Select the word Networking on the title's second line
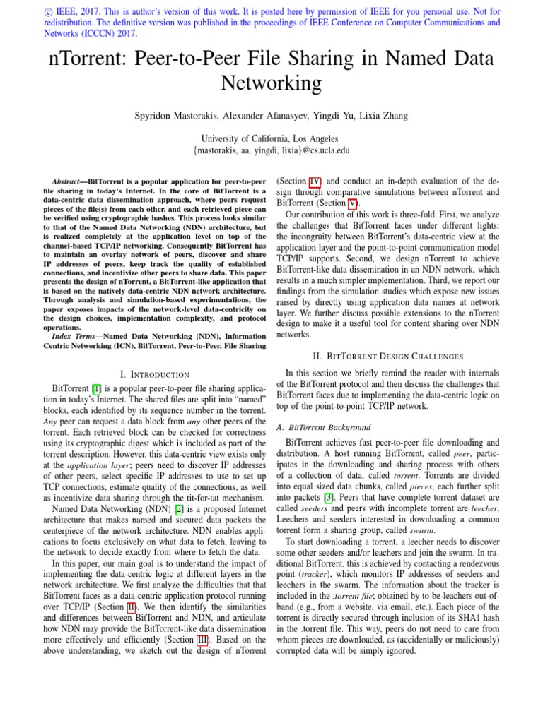[x=271, y=83]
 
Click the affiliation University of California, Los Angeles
[x=271, y=139]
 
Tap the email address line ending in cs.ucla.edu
[x=271, y=150]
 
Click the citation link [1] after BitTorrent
[x=96, y=388]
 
